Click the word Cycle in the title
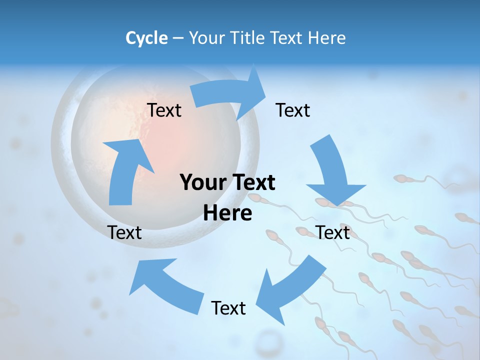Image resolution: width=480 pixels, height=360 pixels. pos(146,38)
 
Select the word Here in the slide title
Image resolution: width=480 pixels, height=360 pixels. pos(326,38)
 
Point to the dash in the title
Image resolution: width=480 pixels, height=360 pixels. pos(178,38)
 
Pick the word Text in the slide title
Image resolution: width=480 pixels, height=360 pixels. pos(287,38)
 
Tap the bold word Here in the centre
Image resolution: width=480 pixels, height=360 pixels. pos(227,213)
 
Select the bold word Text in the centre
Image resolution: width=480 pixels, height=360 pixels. pos(252,183)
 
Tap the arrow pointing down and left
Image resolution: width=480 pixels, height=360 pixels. pos(290,290)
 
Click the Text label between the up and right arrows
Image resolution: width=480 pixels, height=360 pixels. pos(164,110)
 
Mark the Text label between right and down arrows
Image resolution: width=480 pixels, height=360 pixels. pos(293,110)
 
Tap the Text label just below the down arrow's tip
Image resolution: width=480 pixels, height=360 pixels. pos(333,232)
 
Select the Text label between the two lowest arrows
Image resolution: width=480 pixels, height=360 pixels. pos(228,308)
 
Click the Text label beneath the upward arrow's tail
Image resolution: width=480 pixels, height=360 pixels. pos(124,232)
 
